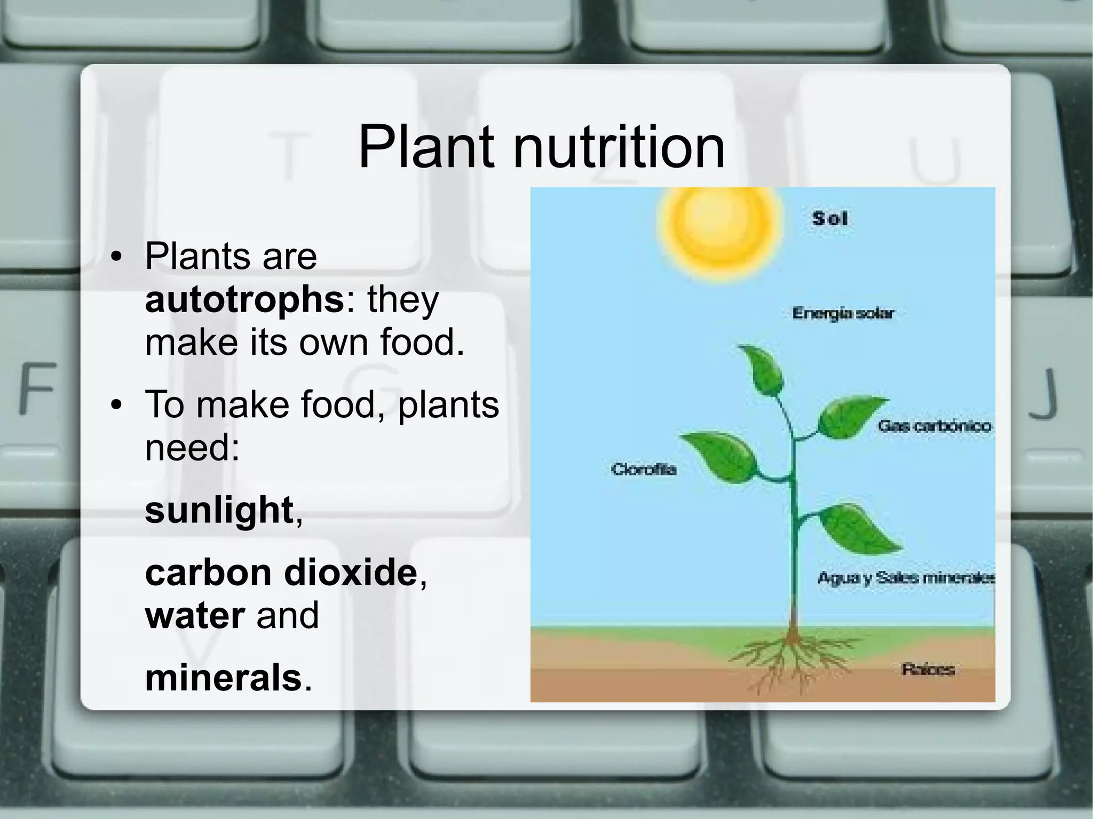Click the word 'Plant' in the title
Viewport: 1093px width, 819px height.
426,147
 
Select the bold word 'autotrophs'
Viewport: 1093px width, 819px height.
244,300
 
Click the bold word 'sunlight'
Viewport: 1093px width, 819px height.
219,510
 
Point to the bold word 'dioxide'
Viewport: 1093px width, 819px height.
350,572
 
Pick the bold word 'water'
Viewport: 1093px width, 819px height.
195,615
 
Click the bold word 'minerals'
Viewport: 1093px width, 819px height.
224,678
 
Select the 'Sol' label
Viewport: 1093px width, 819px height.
830,219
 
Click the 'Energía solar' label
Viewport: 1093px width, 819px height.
843,313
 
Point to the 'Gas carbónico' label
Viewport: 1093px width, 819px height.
934,426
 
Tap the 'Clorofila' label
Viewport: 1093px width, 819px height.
644,470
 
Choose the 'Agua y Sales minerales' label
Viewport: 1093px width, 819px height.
906,578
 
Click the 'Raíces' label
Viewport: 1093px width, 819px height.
928,670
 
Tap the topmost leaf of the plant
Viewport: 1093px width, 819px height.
762,369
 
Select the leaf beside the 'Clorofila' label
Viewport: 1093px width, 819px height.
720,456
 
